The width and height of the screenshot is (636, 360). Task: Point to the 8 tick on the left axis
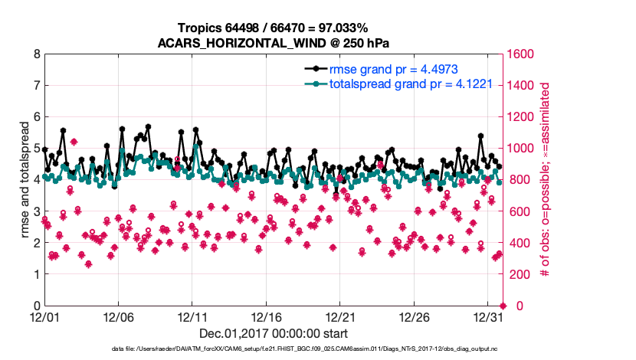pos(36,54)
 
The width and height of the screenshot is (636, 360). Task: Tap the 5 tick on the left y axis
pos(36,149)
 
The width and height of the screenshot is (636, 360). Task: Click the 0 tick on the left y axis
pos(36,306)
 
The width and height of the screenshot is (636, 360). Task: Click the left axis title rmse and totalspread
pos(24,180)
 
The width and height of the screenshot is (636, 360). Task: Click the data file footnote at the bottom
pos(317,349)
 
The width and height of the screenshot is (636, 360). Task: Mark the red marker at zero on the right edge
pos(503,306)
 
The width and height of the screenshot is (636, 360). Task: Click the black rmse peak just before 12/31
pos(480,136)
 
